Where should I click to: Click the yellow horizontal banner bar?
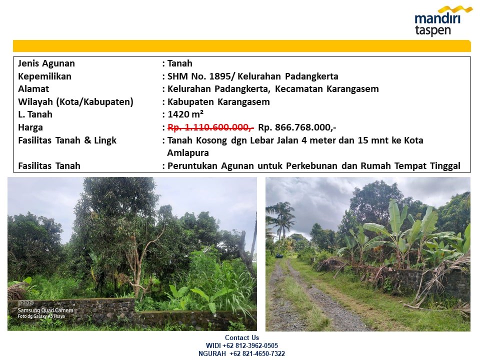(242, 46)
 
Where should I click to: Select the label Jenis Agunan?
(46, 63)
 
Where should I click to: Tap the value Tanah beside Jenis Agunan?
(179, 63)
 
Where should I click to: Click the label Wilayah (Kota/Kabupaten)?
(75, 101)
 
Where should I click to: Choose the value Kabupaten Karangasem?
(218, 101)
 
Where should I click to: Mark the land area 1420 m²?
(185, 114)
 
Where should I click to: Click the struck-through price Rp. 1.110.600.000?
(210, 127)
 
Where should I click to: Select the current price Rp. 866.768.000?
(297, 127)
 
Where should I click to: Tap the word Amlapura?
(188, 153)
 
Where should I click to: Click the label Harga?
(30, 127)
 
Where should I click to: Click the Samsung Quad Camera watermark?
(45, 310)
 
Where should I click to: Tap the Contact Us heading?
(242, 337)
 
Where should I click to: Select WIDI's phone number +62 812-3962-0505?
(250, 345)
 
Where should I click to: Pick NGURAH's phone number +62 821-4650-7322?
(257, 353)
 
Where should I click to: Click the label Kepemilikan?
(44, 76)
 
